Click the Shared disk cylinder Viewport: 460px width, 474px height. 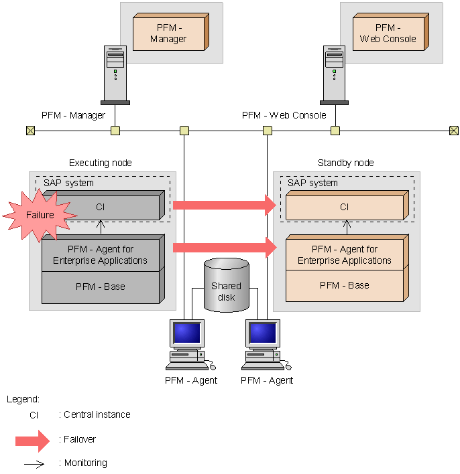click(x=227, y=286)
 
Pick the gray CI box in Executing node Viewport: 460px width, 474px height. click(x=101, y=207)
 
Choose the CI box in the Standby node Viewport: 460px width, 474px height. click(x=344, y=207)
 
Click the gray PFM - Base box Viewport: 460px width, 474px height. click(x=101, y=287)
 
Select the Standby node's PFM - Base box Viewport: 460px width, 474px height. click(x=344, y=285)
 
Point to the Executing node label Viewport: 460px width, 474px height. click(x=101, y=163)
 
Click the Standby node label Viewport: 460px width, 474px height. click(x=345, y=163)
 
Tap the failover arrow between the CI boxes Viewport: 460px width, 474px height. click(x=225, y=204)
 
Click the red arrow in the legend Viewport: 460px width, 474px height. click(x=32, y=440)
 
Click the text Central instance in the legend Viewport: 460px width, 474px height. click(x=97, y=414)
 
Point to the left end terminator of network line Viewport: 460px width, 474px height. click(x=30, y=131)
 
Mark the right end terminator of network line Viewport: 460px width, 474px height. click(x=453, y=131)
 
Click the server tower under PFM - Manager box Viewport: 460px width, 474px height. click(x=115, y=74)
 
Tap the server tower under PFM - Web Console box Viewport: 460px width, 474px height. click(x=334, y=74)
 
